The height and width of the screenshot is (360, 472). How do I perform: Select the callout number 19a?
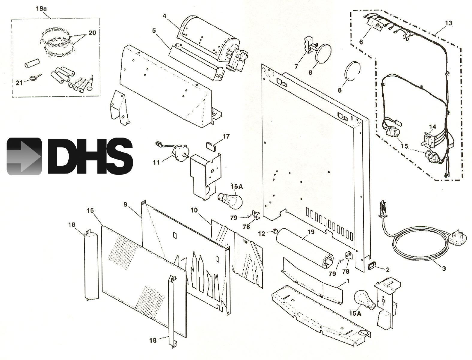tap(41, 9)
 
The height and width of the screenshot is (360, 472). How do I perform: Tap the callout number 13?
tap(448, 23)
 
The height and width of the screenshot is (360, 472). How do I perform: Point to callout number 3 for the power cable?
tap(444, 269)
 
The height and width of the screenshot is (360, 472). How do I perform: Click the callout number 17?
tap(226, 137)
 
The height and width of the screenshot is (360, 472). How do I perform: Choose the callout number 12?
tap(262, 234)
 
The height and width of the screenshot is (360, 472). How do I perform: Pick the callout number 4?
tap(165, 16)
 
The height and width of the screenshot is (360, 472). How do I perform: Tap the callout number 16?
tap(90, 211)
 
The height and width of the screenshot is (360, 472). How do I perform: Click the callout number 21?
tap(19, 83)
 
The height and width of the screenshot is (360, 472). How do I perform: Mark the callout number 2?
tap(387, 270)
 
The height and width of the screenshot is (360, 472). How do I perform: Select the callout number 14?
tap(432, 127)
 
